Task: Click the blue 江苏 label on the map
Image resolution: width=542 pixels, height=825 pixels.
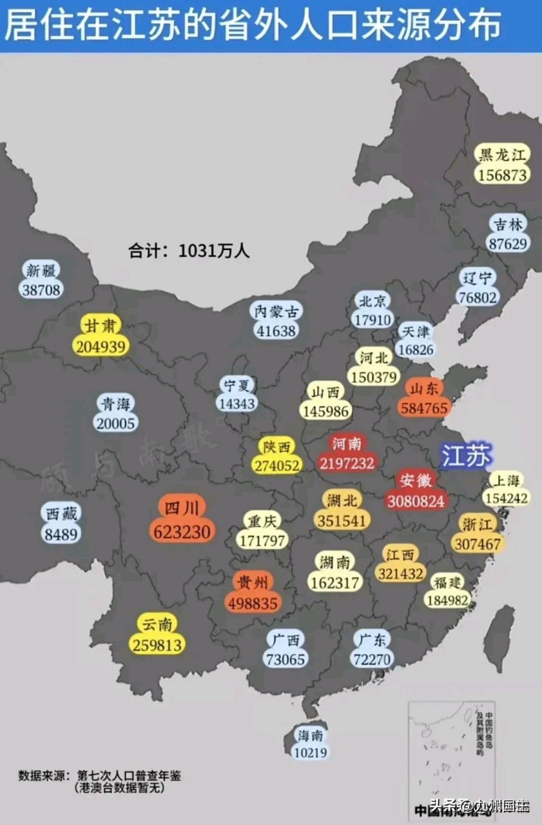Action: click(x=466, y=455)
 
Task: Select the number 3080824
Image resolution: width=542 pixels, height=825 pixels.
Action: click(x=416, y=500)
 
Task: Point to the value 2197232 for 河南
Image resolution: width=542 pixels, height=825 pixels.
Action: click(x=346, y=463)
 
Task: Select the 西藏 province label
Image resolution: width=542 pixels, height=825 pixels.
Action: click(x=61, y=514)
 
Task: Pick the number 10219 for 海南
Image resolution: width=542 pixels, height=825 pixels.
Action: click(x=311, y=752)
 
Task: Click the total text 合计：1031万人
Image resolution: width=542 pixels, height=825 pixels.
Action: click(x=189, y=250)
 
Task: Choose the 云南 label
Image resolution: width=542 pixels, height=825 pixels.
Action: click(x=158, y=623)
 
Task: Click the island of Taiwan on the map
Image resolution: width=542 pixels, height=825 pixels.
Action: click(x=499, y=628)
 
